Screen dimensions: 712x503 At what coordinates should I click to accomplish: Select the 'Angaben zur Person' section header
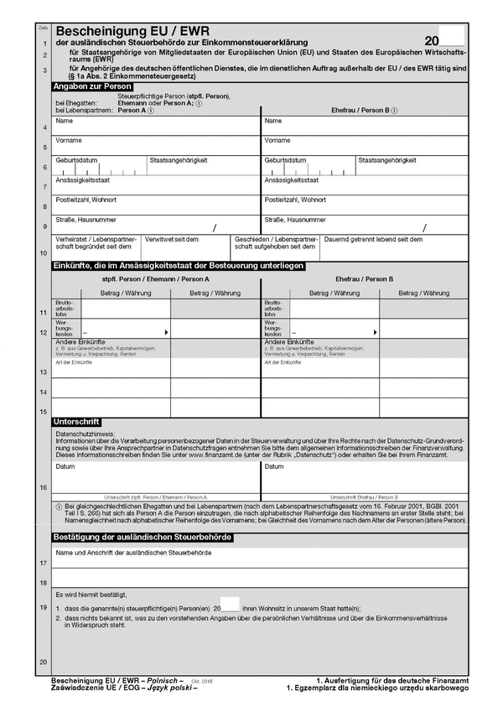(x=92, y=86)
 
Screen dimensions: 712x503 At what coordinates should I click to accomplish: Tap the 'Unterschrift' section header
(x=76, y=420)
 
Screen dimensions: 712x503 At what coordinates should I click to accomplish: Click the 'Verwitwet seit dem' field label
(x=172, y=239)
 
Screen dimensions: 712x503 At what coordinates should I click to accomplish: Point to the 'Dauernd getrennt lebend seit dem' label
(x=374, y=239)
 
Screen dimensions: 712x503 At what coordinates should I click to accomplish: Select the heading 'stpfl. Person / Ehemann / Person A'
(x=156, y=278)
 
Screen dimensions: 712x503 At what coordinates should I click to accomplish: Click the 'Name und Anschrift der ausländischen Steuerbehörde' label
(x=133, y=553)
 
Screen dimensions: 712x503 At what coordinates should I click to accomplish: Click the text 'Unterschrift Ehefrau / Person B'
(x=364, y=496)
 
